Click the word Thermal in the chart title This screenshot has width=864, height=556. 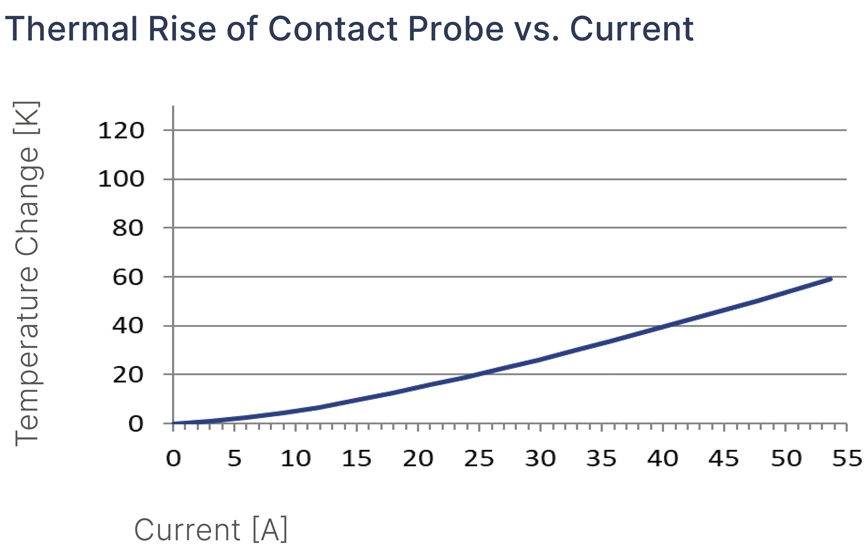pos(71,29)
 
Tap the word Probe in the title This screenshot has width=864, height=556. pos(456,29)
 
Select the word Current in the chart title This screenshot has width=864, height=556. pos(631,29)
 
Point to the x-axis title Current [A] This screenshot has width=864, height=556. pos(211,530)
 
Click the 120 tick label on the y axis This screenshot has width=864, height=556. pos(121,131)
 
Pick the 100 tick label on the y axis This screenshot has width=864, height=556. pos(121,179)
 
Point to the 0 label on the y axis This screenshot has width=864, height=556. pos(136,424)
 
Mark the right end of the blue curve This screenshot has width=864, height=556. pos(831,279)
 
